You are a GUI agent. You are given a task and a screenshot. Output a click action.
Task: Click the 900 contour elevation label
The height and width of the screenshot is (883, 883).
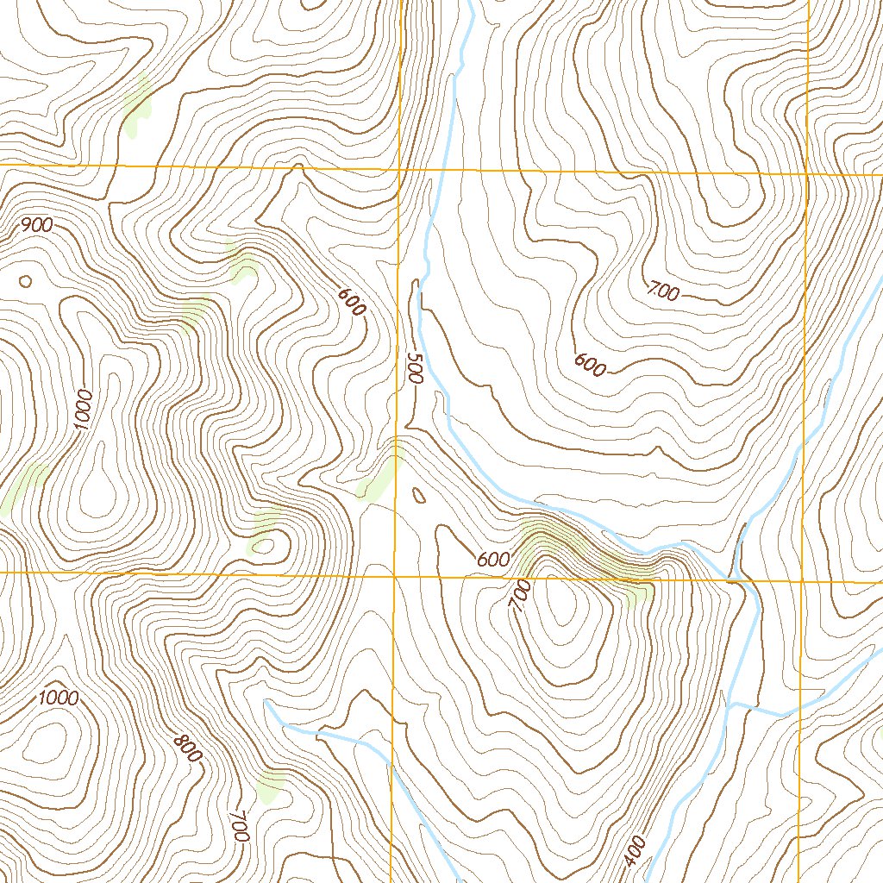[x=37, y=226]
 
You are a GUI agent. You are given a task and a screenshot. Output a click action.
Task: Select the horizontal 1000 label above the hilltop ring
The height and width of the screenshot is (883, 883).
[x=59, y=698]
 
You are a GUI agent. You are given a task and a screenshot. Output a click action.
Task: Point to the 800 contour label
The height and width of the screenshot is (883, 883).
[x=187, y=747]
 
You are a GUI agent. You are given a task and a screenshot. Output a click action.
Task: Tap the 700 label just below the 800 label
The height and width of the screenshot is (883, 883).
[x=240, y=826]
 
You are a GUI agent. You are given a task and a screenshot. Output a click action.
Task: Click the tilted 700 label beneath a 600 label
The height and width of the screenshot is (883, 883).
[x=520, y=596]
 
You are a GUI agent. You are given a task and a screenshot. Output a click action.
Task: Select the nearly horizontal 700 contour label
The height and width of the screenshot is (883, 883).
[x=662, y=292]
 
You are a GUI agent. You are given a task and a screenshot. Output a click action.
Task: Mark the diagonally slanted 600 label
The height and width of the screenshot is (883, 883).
[x=351, y=303]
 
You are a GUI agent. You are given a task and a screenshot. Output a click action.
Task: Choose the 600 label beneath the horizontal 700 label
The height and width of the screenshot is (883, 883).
[x=591, y=366]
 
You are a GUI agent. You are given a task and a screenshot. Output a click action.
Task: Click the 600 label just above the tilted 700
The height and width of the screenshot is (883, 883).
[x=492, y=560]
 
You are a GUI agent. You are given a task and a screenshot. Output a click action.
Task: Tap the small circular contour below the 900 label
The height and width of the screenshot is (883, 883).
[x=25, y=281]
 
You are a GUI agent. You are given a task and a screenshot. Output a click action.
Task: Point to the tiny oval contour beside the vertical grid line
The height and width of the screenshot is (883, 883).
[x=420, y=496]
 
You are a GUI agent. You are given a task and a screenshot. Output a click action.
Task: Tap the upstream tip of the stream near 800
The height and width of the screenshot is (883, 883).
[x=266, y=703]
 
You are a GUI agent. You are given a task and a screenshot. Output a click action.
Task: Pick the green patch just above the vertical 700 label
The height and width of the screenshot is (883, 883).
[x=271, y=785]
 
